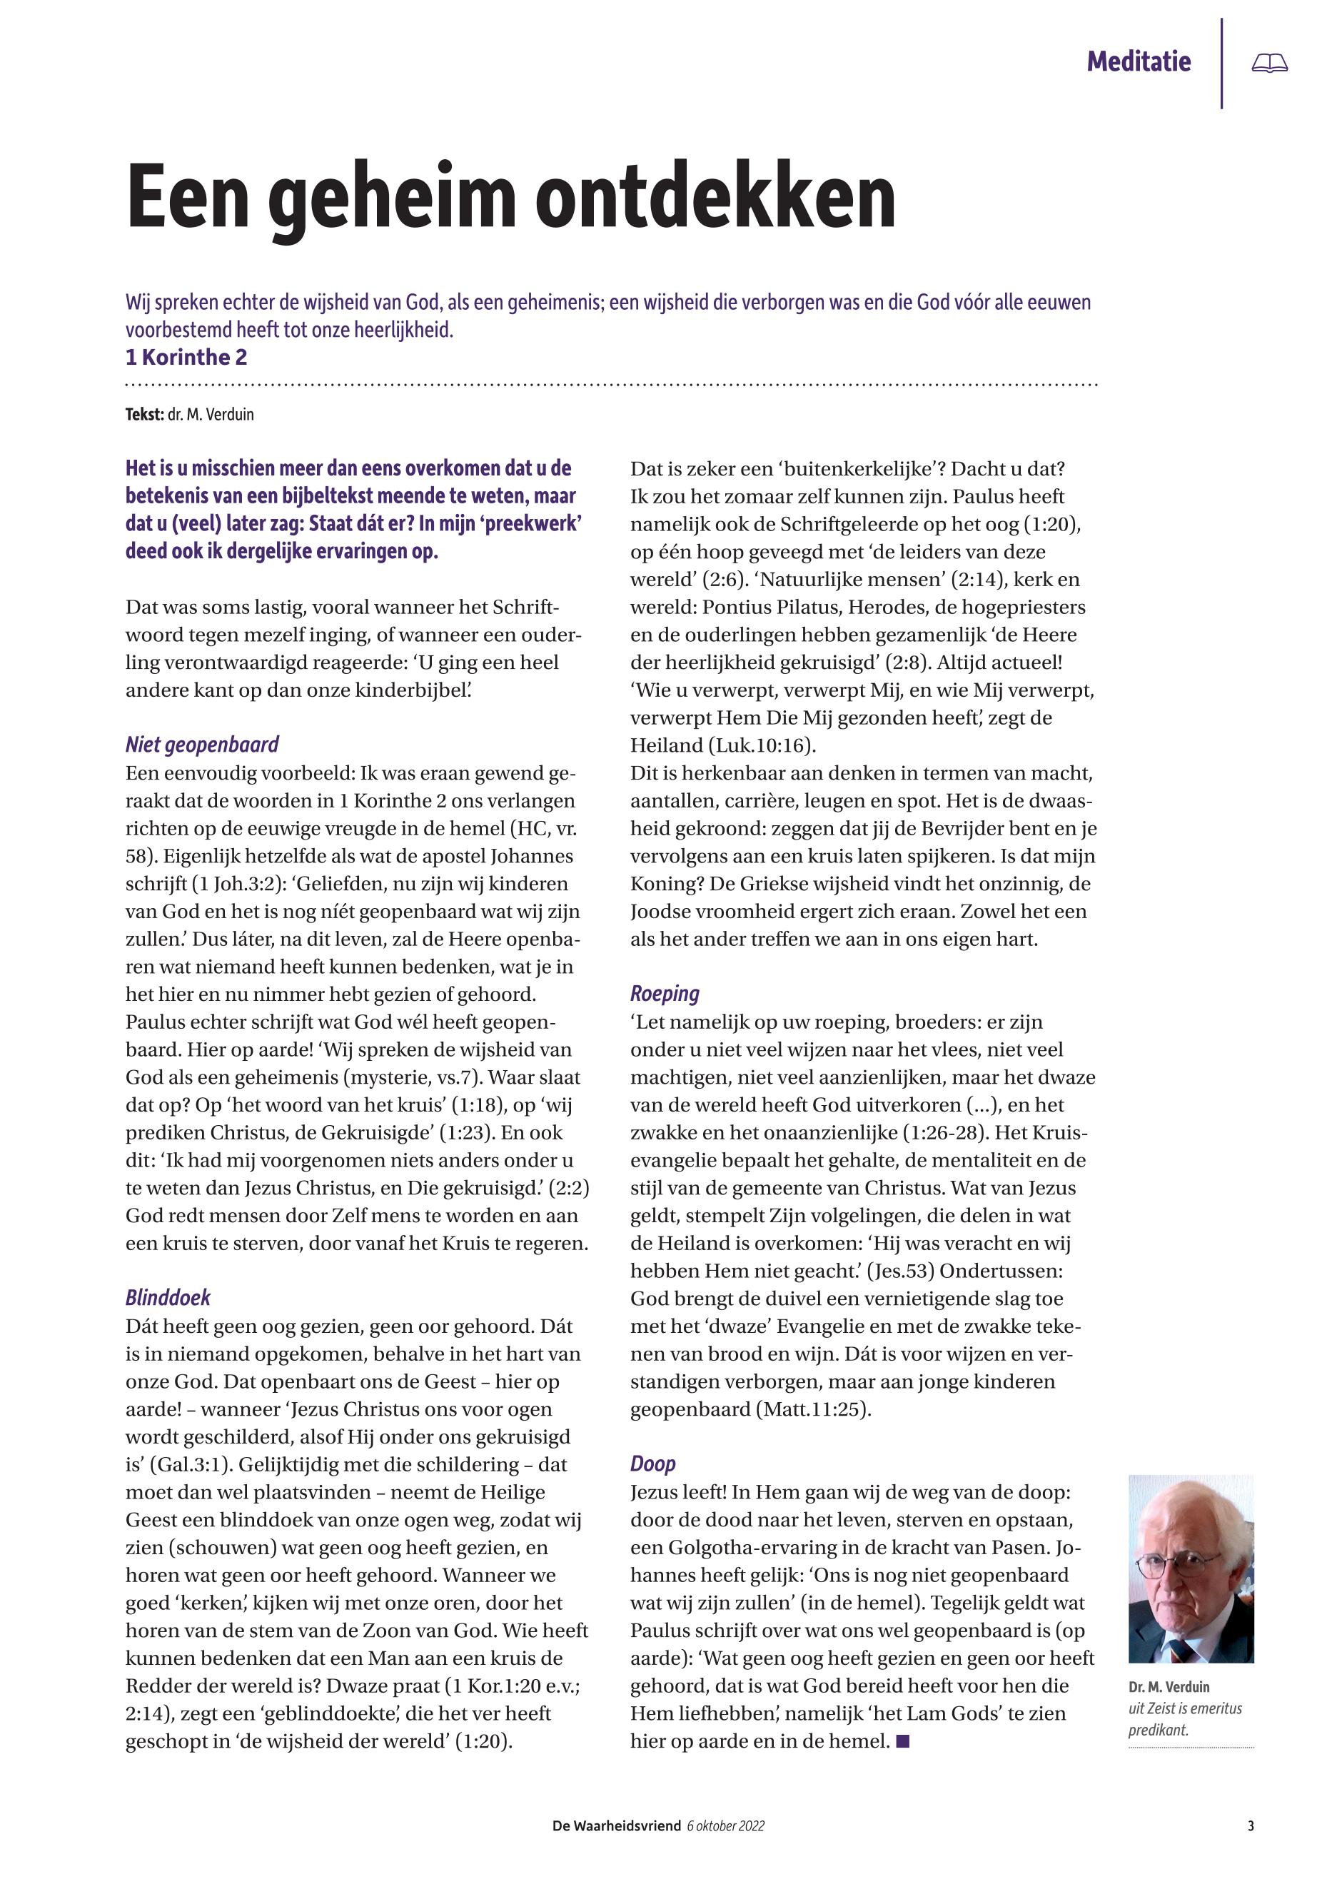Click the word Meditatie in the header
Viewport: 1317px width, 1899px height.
[1138, 62]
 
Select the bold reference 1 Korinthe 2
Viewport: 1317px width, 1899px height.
[186, 358]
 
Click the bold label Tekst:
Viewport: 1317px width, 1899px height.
[144, 415]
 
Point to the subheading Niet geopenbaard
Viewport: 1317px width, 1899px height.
[201, 745]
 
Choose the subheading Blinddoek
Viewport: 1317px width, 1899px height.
[168, 1298]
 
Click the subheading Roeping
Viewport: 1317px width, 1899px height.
[665, 994]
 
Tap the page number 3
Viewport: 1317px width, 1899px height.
[1250, 1826]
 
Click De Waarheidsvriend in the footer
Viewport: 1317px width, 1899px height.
[615, 1826]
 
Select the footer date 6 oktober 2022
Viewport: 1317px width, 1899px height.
[725, 1826]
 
